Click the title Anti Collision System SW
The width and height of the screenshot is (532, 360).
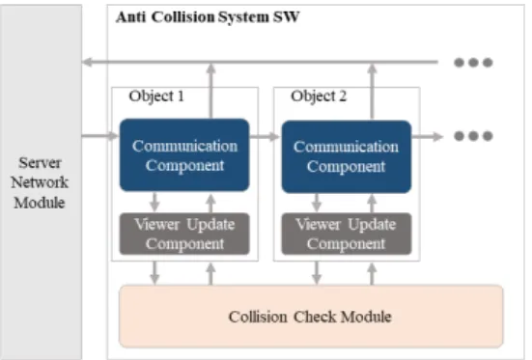tap(208, 17)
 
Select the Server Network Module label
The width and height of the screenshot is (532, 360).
tap(40, 182)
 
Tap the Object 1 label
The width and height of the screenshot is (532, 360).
tap(156, 96)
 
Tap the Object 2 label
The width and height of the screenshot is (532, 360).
tap(319, 96)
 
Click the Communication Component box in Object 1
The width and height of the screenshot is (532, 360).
tap(184, 155)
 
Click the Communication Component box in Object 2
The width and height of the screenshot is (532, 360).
tap(347, 156)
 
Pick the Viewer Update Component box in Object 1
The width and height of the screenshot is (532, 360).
tap(184, 234)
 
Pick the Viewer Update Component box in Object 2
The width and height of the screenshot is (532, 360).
tap(347, 234)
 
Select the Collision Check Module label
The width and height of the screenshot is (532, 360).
tap(310, 317)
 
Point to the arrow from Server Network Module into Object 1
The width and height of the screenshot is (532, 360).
tap(100, 136)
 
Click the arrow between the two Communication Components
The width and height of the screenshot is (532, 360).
tap(265, 136)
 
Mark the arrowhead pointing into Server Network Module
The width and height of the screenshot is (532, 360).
tap(87, 62)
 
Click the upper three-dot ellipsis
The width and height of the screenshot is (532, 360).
tap(473, 63)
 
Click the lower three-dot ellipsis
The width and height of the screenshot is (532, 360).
tap(473, 136)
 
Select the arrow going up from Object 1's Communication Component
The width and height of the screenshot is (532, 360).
tap(211, 91)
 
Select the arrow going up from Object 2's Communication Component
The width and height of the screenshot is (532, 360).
tap(372, 92)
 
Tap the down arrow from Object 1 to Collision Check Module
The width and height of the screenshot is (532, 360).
tap(154, 273)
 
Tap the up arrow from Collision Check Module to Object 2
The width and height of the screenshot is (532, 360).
tap(372, 274)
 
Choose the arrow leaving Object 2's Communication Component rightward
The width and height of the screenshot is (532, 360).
tap(428, 136)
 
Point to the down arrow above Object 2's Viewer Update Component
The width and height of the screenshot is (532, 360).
tap(317, 203)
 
